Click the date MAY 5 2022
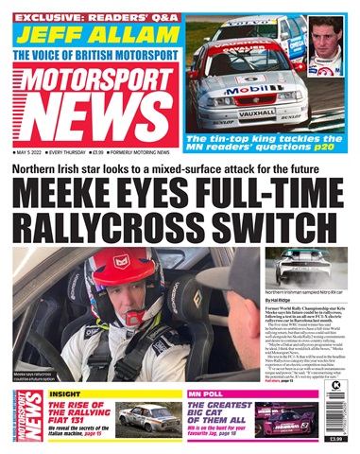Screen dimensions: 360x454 (34, 153)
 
